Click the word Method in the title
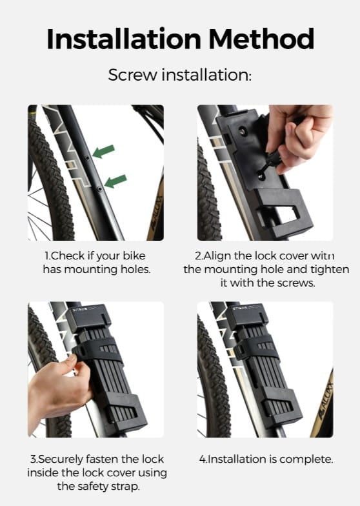(261, 39)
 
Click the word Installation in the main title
(124, 39)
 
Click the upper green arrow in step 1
(103, 151)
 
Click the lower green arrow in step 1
(115, 181)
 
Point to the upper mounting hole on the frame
(87, 158)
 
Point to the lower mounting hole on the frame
(99, 188)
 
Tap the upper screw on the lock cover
(241, 130)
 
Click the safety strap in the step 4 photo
(255, 349)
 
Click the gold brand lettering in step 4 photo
(326, 400)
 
